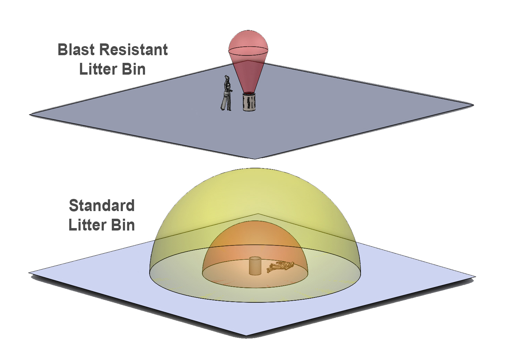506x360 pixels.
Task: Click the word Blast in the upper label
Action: click(x=76, y=50)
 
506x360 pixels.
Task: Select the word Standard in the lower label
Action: click(x=102, y=206)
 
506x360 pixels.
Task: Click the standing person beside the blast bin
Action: click(x=226, y=94)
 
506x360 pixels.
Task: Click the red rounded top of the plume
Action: click(x=248, y=42)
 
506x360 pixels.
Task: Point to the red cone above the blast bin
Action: click(x=248, y=75)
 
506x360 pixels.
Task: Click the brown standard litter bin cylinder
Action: click(x=255, y=266)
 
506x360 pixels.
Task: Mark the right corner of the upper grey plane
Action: click(x=473, y=104)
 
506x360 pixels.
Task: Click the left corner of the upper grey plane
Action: click(x=30, y=114)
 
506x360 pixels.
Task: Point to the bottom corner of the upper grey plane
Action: click(x=255, y=158)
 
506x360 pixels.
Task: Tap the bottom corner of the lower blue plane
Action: click(x=246, y=335)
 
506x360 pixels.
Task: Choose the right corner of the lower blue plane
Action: click(x=475, y=277)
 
